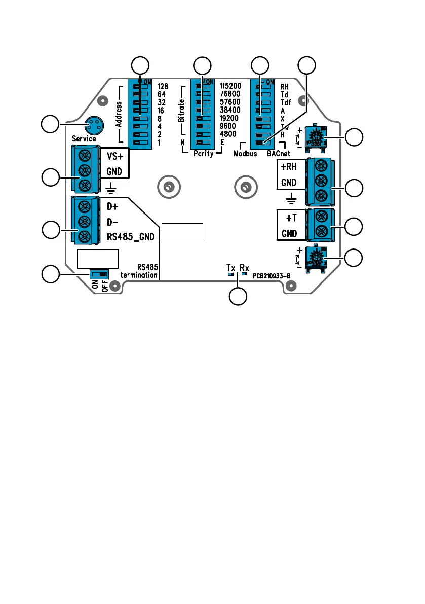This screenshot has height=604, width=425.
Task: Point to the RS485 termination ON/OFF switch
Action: [x=99, y=274]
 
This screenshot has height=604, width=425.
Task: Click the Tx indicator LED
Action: [x=230, y=273]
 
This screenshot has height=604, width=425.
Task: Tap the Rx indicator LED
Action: [x=244, y=273]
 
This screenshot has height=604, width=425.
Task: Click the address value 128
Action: [x=163, y=87]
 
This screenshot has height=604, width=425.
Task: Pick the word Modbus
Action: [x=246, y=153]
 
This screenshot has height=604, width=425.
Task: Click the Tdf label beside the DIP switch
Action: [x=285, y=102]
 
